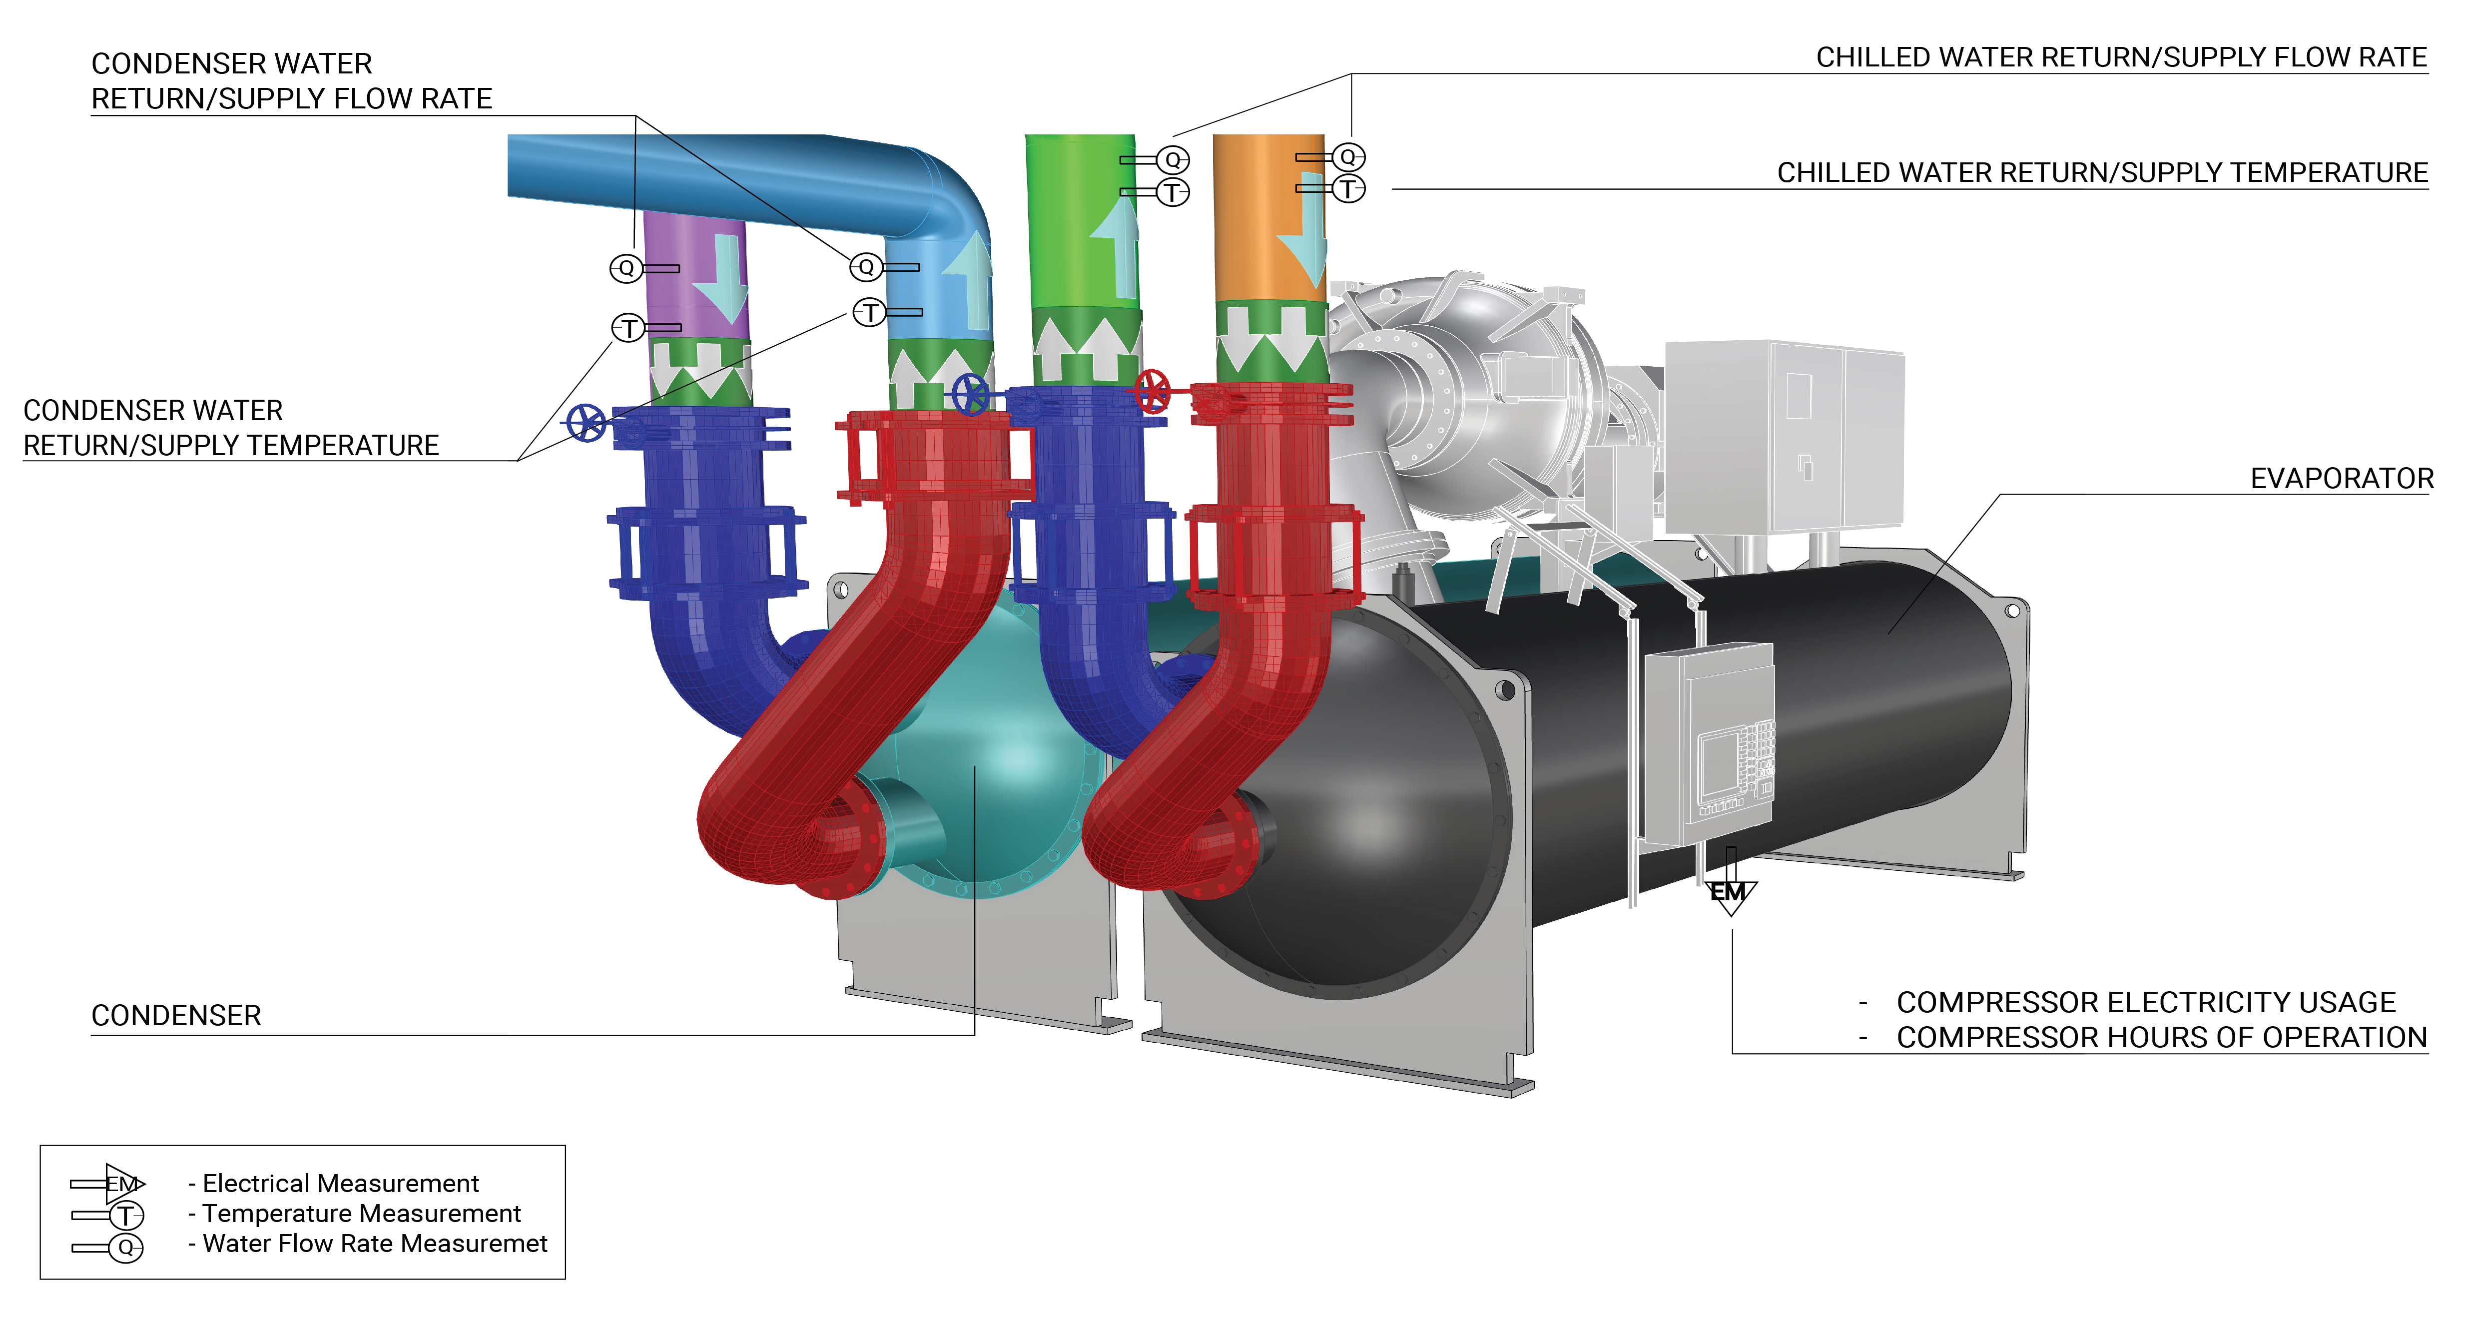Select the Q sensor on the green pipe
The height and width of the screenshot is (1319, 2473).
click(1172, 159)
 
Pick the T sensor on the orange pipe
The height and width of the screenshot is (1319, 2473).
click(1349, 189)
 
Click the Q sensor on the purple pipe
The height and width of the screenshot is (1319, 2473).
click(626, 268)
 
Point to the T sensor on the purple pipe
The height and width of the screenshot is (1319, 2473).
click(629, 328)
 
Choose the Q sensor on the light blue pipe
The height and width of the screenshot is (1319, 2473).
click(866, 267)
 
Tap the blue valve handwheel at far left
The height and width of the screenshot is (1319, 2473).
click(586, 422)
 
